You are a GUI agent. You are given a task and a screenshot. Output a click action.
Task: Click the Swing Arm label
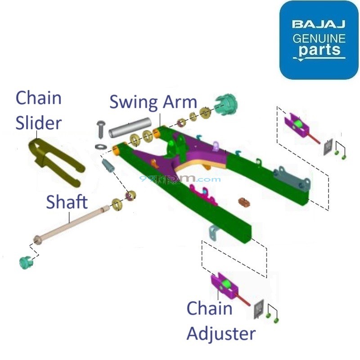(153, 102)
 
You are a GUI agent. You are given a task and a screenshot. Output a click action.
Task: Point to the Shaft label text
(67, 202)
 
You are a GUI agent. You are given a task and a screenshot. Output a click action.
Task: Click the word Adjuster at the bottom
(220, 333)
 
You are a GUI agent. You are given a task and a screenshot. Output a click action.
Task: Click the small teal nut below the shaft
(26, 261)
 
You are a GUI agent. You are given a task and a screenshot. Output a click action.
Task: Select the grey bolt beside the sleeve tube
(100, 128)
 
